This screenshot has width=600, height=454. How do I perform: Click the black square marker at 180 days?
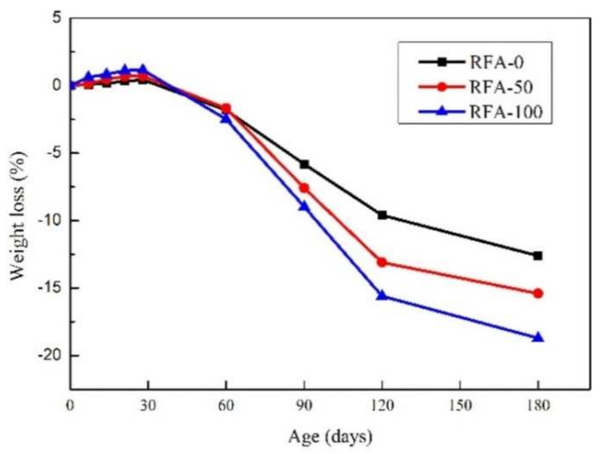pyautogui.click(x=538, y=256)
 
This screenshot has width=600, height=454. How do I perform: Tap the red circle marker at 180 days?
pyautogui.click(x=538, y=293)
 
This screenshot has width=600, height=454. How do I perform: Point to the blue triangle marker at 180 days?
pyautogui.click(x=538, y=337)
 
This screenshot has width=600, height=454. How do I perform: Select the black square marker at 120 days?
pyautogui.click(x=382, y=215)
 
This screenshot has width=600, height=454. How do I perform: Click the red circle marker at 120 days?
pyautogui.click(x=382, y=262)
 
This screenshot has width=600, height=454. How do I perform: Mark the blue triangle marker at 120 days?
pyautogui.click(x=382, y=296)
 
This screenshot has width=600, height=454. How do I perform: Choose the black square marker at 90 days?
pyautogui.click(x=304, y=164)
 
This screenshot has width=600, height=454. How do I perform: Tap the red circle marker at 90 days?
pyautogui.click(x=304, y=188)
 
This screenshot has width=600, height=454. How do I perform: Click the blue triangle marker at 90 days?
pyautogui.click(x=304, y=207)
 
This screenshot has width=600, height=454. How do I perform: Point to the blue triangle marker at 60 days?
pyautogui.click(x=226, y=118)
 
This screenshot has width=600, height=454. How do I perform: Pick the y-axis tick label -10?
pyautogui.click(x=54, y=221)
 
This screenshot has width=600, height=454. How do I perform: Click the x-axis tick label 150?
pyautogui.click(x=460, y=405)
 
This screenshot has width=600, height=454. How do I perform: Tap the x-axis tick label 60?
pyautogui.click(x=226, y=405)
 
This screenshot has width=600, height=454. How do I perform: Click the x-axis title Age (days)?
pyautogui.click(x=330, y=437)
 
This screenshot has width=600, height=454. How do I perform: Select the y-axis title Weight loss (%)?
pyautogui.click(x=19, y=216)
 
